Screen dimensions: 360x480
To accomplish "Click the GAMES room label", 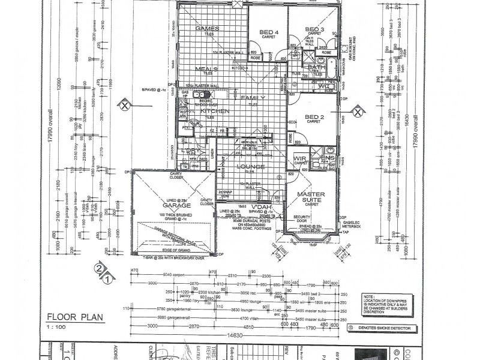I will click(x=208, y=28).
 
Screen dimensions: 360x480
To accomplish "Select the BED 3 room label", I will click(x=314, y=29).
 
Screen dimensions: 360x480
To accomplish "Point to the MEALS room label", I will click(x=206, y=69).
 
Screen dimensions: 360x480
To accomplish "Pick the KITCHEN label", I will click(x=214, y=112).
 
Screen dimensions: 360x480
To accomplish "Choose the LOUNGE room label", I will click(x=250, y=166).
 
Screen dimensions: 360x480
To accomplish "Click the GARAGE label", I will click(x=172, y=204).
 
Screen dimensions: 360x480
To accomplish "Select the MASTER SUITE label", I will click(x=311, y=197).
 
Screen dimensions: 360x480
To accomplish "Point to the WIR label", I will click(x=300, y=158).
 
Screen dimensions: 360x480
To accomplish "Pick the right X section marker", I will click(x=358, y=111).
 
